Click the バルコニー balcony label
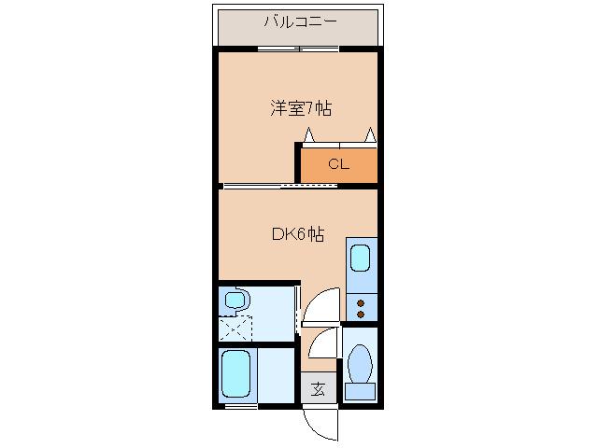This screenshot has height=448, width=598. click(298, 21)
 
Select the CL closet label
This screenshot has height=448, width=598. click(337, 165)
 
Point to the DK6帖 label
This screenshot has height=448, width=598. click(297, 235)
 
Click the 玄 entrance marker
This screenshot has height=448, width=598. click(318, 389)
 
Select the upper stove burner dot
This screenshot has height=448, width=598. click(361, 301)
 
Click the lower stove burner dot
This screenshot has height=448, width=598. click(361, 315)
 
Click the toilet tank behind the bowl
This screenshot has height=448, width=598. click(360, 391)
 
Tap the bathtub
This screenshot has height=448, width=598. click(236, 373)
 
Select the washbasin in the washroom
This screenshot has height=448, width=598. click(236, 301)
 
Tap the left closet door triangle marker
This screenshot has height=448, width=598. click(307, 136)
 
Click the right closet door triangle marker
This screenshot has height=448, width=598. click(371, 135)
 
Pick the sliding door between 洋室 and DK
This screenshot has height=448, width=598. click(280, 186)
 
